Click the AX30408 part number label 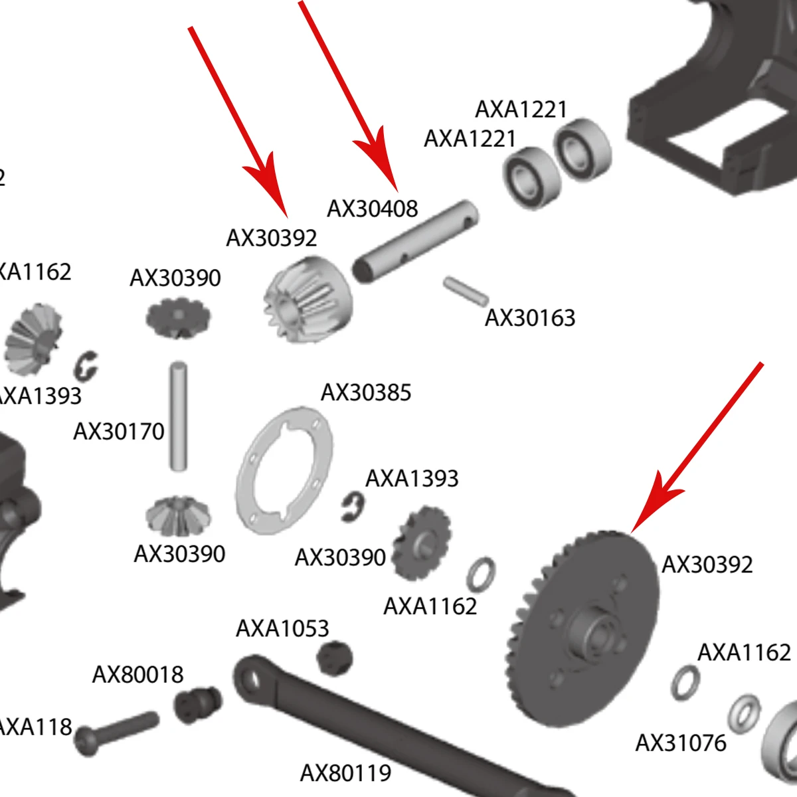(372, 209)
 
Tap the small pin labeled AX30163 (466, 290)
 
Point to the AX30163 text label (529, 317)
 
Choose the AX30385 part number (366, 393)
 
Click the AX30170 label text (119, 432)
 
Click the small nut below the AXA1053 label (335, 657)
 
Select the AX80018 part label (137, 675)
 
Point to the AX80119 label (345, 773)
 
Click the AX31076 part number (681, 743)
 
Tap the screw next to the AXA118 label (117, 731)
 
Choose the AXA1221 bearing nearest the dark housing (582, 149)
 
